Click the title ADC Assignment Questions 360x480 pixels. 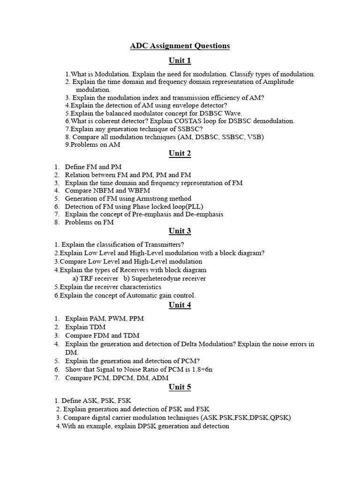[x=180, y=45]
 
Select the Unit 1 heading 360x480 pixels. [x=180, y=60]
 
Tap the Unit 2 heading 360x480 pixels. [x=180, y=153]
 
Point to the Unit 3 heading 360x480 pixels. [x=180, y=231]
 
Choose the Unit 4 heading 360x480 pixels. [x=180, y=305]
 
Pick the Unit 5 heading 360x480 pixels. [x=180, y=387]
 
